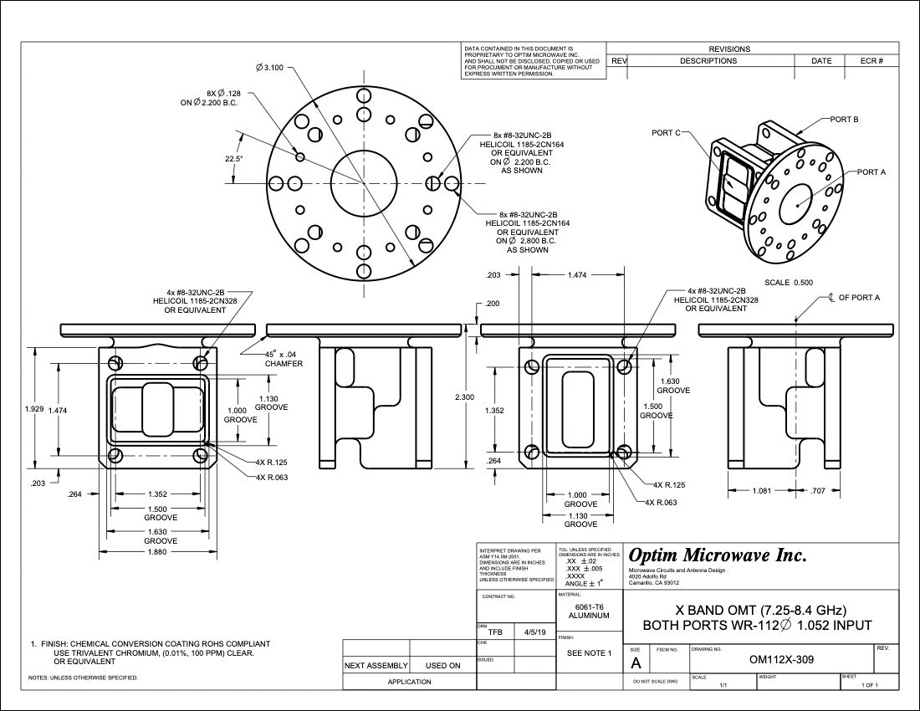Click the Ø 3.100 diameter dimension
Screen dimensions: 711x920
[270, 68]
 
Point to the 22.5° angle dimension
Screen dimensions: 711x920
[233, 158]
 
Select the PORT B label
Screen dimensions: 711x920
[844, 120]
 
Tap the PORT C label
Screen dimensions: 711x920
[666, 132]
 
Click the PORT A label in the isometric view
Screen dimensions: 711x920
[871, 171]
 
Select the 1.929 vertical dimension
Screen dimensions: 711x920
[34, 410]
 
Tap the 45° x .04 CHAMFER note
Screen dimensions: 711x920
[284, 359]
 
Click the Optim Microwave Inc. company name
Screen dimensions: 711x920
[718, 555]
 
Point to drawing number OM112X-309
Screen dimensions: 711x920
[783, 659]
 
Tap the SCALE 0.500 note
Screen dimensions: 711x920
[789, 282]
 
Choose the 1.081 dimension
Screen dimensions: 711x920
[762, 491]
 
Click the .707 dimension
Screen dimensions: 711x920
[818, 491]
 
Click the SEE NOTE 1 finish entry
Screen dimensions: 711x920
[589, 652]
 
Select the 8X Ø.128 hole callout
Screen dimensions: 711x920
[211, 98]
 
